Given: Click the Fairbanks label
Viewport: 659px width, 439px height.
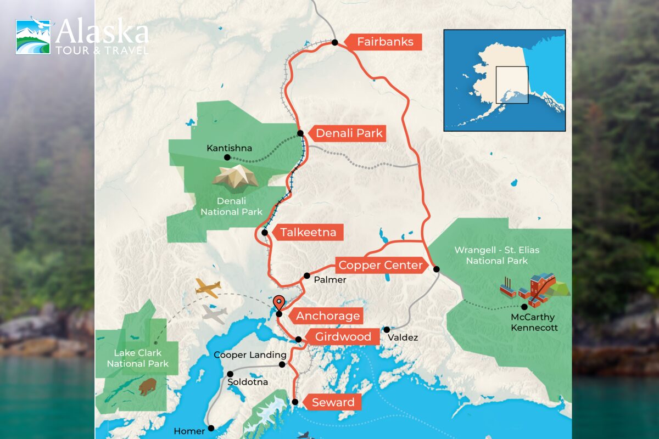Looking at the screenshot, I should (384, 42).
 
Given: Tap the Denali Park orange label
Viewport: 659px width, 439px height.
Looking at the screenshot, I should (349, 133).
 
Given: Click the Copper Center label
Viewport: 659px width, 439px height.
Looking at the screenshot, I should (380, 266).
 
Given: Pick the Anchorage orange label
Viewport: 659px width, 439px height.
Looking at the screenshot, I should (327, 316).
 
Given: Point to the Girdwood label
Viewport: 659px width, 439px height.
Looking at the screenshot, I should (343, 336).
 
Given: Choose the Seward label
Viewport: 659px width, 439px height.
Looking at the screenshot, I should (333, 402).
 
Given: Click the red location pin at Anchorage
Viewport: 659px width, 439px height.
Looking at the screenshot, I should (279, 303).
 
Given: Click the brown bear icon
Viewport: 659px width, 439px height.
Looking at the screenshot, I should (147, 387).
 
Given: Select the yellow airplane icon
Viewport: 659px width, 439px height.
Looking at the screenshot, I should (208, 287).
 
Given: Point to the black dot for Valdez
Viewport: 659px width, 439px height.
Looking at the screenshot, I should (387, 330).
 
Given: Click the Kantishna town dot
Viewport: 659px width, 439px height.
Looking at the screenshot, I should (227, 157).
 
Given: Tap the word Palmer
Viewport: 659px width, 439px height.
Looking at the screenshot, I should (330, 280).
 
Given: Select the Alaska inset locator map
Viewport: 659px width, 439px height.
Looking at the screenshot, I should (504, 80).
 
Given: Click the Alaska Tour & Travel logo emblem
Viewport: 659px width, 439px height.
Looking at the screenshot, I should (34, 36).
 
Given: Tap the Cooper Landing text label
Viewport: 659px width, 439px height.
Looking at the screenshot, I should (243, 355).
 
